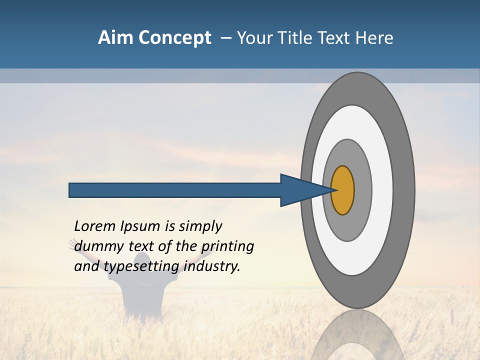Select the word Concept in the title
(174, 38)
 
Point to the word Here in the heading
(374, 38)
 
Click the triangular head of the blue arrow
(300, 190)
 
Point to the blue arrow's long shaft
(175, 190)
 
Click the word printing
(227, 246)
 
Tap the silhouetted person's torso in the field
(141, 300)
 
